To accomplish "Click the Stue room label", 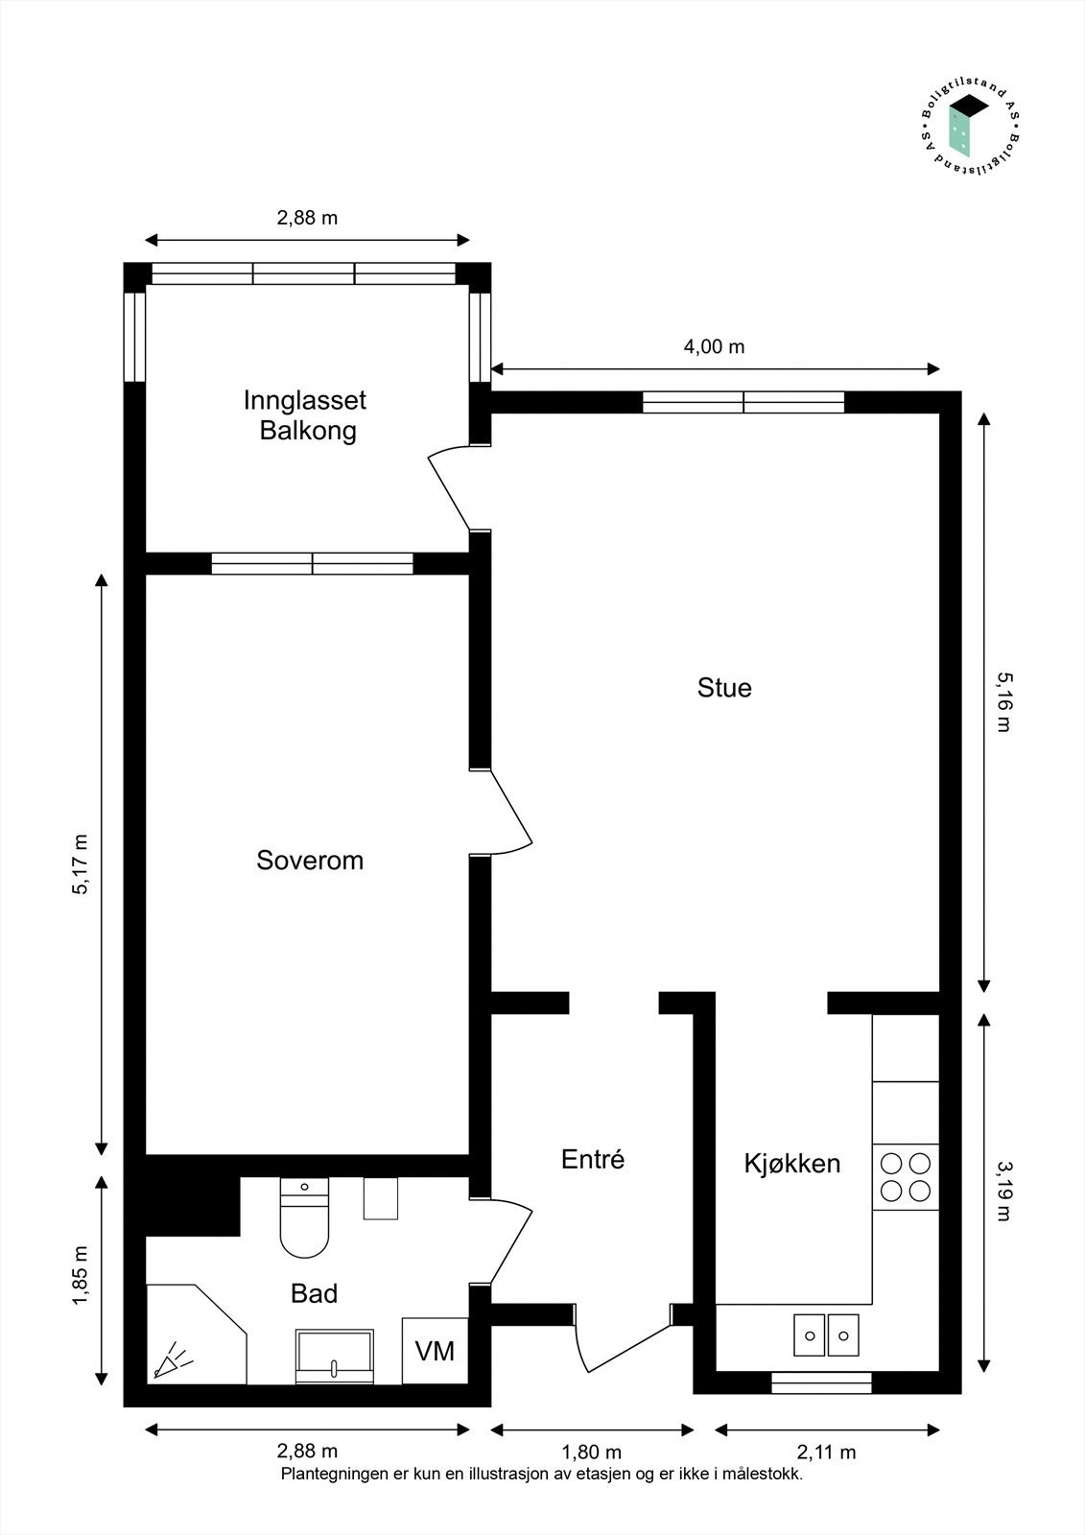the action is (724, 687).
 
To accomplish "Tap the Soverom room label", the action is (310, 860).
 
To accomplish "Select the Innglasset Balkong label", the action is (306, 415).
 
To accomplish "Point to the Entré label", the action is (593, 1159).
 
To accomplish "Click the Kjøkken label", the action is (792, 1164).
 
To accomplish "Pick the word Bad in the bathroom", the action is (314, 1294).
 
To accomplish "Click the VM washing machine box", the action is (436, 1351).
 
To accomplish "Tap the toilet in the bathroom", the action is (304, 1217).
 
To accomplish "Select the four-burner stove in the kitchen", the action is (906, 1177).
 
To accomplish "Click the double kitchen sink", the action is (826, 1334).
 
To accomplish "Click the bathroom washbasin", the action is (335, 1357).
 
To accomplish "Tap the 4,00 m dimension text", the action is (714, 346).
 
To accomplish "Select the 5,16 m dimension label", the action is (1002, 702).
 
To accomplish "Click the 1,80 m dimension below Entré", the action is (592, 1452).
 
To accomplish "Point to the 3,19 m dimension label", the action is (1002, 1191).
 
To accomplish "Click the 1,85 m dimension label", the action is (81, 1275).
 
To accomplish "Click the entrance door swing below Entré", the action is (622, 1348).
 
